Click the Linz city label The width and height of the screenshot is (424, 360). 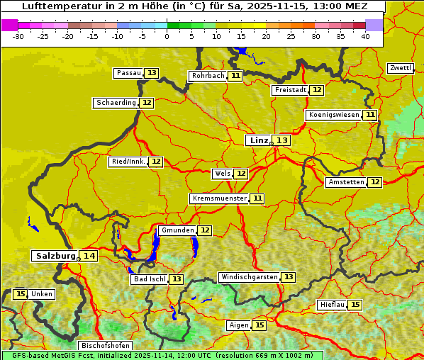[x=259, y=140]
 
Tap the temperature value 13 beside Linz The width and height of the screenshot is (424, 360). [x=282, y=140]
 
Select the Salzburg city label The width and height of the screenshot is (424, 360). [x=55, y=256]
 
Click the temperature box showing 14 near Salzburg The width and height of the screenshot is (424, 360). [x=89, y=256]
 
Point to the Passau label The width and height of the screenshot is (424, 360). [x=129, y=73]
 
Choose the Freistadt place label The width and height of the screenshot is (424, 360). [x=290, y=90]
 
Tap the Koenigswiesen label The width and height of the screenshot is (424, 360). [x=334, y=115]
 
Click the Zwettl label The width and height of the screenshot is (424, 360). [x=400, y=68]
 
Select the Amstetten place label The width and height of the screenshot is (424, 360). [x=346, y=182]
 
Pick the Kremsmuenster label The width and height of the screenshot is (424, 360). [x=219, y=198]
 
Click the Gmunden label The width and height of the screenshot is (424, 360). [x=177, y=230]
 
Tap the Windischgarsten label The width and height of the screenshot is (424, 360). [x=249, y=277]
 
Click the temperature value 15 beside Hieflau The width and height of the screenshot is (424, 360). [x=355, y=305]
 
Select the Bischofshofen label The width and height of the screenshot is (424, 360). [x=105, y=346]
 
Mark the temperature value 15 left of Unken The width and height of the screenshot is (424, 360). [x=20, y=294]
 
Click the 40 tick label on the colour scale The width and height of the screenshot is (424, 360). [x=365, y=35]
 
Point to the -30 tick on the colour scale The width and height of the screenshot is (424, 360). [x=19, y=35]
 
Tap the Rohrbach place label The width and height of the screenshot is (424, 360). [x=208, y=76]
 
